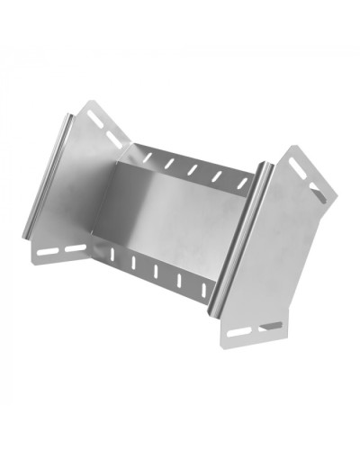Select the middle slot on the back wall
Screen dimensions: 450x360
click(192, 168)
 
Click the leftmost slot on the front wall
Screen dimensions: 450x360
click(113, 255)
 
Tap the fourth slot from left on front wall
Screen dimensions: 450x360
click(179, 279)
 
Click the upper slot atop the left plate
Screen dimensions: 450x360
click(94, 118)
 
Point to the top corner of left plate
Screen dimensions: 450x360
click(89, 103)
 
